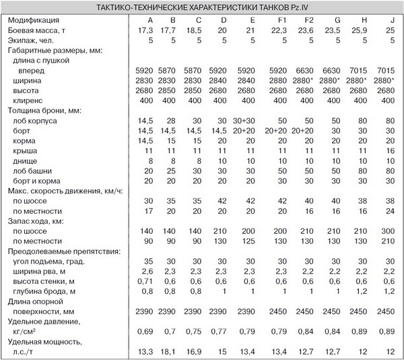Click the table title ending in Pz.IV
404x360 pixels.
pyautogui.click(x=201, y=8)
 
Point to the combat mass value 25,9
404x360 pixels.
pyautogui.click(x=359, y=31)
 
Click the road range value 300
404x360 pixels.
pyautogui.click(x=386, y=231)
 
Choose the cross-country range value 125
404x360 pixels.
pyautogui.click(x=248, y=241)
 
